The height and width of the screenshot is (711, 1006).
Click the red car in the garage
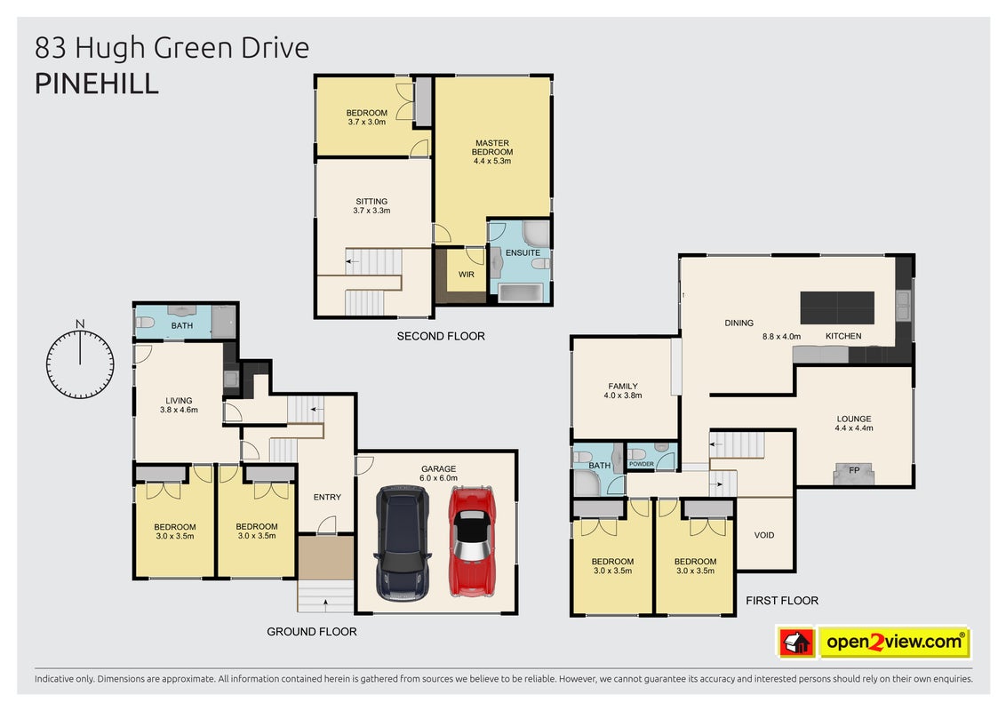(x=473, y=541)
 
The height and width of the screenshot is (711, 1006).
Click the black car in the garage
(x=403, y=543)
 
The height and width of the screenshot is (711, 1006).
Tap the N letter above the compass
(x=80, y=324)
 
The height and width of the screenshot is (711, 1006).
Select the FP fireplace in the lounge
(x=854, y=473)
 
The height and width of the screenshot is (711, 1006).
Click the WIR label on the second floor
(x=467, y=275)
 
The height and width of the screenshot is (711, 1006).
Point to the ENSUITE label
(x=523, y=252)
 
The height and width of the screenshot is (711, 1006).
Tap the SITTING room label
(x=371, y=201)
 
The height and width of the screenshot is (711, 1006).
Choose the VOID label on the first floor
(x=764, y=534)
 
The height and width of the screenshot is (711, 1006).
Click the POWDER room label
(x=642, y=464)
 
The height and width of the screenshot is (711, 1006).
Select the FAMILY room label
(x=623, y=387)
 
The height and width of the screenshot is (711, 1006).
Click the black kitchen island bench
(x=837, y=308)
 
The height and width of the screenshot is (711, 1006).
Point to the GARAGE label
(x=439, y=469)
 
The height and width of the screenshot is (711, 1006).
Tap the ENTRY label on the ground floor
(x=327, y=497)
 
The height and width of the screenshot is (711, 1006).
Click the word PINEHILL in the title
(x=97, y=84)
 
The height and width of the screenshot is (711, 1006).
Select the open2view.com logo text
(x=895, y=642)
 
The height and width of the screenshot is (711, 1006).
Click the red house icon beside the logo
(x=797, y=643)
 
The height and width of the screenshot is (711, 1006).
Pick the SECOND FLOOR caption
(x=441, y=336)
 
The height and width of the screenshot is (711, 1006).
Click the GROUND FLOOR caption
(x=312, y=631)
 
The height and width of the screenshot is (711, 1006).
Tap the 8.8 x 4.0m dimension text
(x=781, y=336)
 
